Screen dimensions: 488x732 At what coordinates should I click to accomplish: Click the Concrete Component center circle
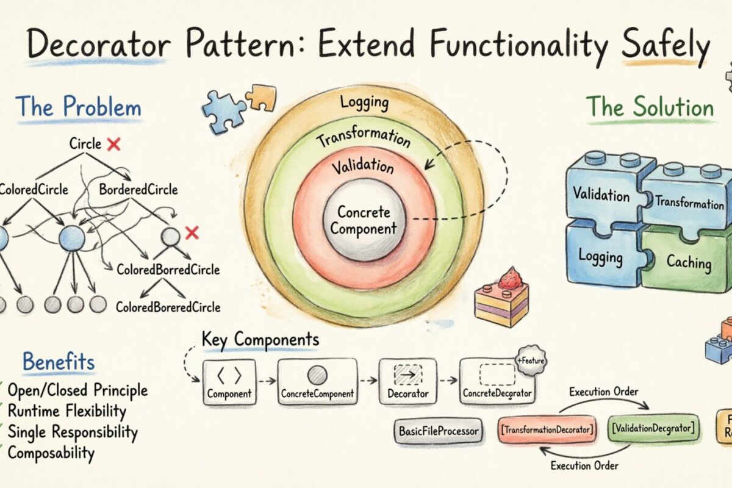(x=365, y=221)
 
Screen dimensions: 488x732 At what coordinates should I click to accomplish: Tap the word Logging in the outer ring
(x=364, y=102)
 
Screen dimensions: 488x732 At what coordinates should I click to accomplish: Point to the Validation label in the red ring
(x=363, y=166)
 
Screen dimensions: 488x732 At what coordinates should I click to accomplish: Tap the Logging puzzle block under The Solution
(x=601, y=256)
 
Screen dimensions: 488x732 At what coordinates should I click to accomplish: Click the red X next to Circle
(x=113, y=145)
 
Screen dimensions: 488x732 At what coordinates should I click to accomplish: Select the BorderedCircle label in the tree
(x=138, y=190)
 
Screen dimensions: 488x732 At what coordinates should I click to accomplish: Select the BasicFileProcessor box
(x=439, y=431)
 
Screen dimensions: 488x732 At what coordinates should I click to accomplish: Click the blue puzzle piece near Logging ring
(x=223, y=111)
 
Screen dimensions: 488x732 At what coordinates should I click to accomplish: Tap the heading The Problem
(x=78, y=108)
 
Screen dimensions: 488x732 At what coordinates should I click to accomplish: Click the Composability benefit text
(x=51, y=453)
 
